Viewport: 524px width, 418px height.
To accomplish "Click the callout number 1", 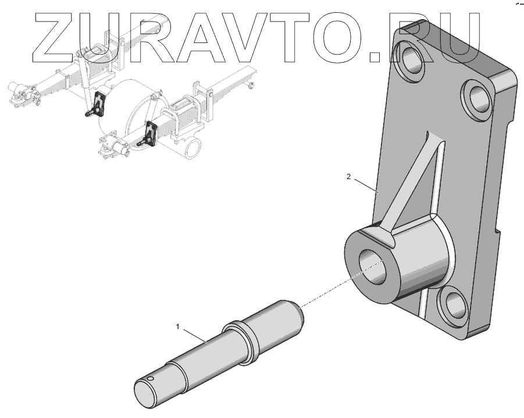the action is point(177,327).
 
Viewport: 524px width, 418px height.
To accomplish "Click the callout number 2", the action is point(348,177).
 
